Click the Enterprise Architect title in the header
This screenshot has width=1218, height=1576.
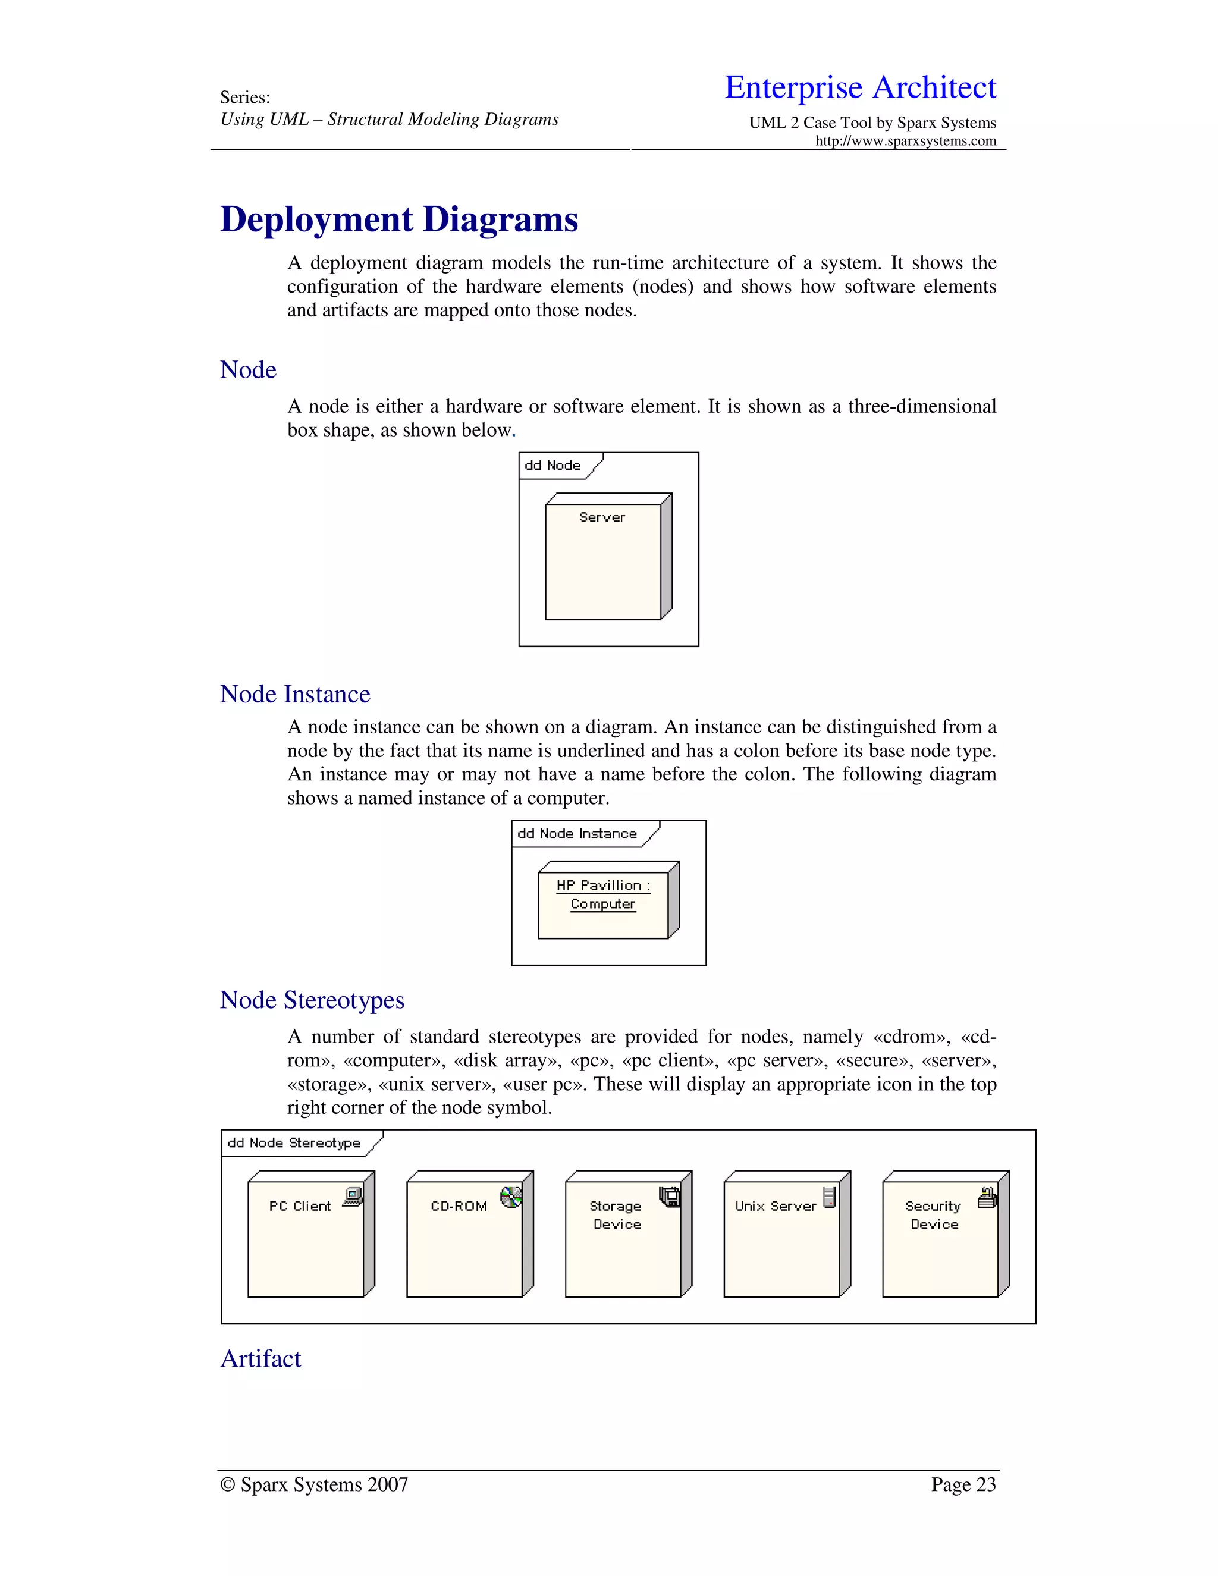pos(860,87)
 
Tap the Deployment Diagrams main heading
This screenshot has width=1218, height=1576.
pos(399,219)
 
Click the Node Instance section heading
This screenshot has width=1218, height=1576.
pos(294,694)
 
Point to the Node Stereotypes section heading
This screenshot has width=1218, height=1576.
pos(312,1000)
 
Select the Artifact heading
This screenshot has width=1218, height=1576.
pos(260,1359)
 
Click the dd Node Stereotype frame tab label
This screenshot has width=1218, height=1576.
pos(294,1143)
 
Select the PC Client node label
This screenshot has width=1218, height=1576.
pos(300,1206)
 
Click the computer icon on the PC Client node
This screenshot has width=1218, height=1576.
pos(353,1197)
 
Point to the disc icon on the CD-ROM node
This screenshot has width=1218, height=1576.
pos(511,1198)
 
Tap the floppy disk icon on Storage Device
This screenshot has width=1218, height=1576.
pos(670,1198)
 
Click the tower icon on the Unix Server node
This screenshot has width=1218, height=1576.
pos(829,1197)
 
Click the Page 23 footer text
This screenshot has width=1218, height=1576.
pos(963,1484)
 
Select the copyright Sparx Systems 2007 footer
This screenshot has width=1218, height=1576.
pos(314,1484)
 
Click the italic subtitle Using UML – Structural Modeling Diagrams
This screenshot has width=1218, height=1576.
pos(389,120)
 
